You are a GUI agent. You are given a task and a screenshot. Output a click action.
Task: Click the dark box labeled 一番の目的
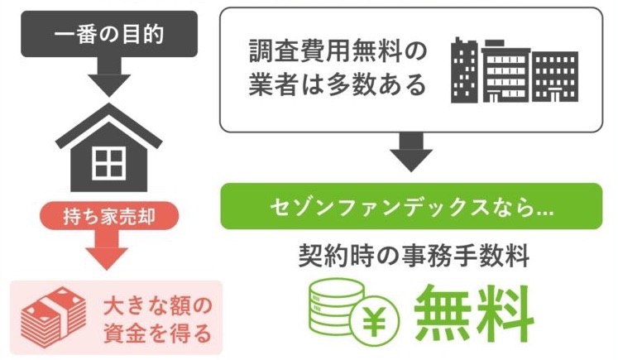click(109, 34)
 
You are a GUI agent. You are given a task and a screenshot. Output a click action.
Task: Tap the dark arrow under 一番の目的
click(109, 77)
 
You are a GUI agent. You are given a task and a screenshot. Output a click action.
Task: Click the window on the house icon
click(108, 163)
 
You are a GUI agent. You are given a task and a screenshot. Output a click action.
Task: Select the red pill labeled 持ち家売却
click(109, 216)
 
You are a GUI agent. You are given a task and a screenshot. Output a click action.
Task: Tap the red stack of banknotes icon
click(53, 317)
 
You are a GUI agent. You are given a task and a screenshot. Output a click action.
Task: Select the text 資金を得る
click(158, 334)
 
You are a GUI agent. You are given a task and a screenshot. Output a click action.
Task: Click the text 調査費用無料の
click(338, 52)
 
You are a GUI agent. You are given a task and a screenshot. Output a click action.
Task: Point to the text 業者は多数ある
click(338, 84)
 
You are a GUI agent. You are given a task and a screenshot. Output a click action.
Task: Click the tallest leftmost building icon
click(464, 70)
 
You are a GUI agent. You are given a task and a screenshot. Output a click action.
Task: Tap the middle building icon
click(505, 71)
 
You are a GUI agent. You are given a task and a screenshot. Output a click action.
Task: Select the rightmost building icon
click(555, 76)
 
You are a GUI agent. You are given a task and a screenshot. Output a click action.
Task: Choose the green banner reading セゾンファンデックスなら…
click(411, 206)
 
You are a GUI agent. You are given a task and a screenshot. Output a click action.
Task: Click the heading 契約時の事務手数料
click(414, 257)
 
